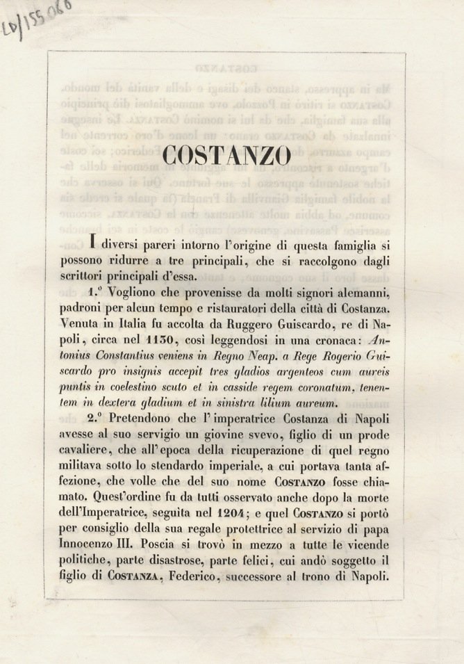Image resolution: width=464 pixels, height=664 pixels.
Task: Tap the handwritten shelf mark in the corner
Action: coord(38,19)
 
